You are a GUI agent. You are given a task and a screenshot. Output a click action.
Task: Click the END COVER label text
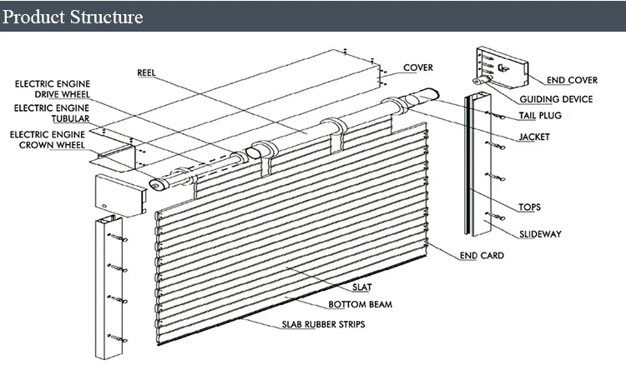[572, 81]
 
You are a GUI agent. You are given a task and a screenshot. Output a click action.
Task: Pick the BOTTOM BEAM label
[361, 305]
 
